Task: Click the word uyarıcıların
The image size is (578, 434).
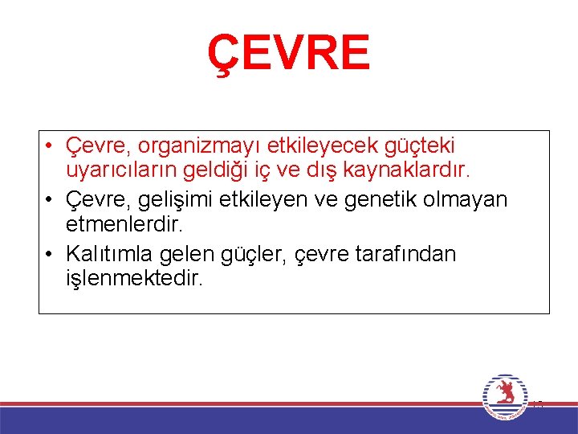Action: (124, 170)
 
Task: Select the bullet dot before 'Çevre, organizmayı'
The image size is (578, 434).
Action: (50, 147)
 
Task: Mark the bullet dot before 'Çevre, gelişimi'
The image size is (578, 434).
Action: (50, 199)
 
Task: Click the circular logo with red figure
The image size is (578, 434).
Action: (505, 396)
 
